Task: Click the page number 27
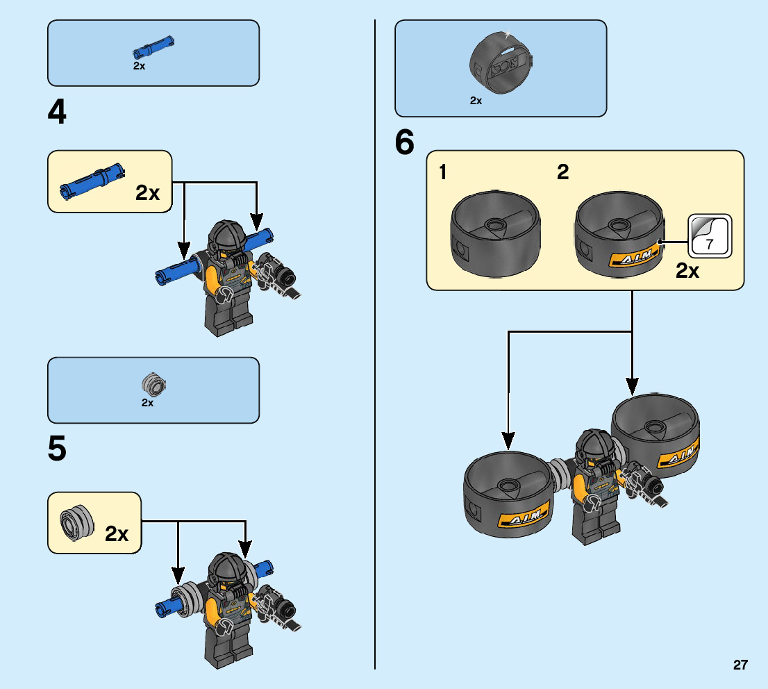[x=740, y=665]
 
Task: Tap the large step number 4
[x=57, y=113]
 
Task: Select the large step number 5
[x=57, y=449]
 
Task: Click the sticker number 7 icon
[x=710, y=236]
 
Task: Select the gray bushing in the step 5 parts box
[x=154, y=383]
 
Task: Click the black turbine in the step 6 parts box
[x=501, y=66]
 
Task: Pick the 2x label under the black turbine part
[x=476, y=101]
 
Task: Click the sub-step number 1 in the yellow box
[x=443, y=173]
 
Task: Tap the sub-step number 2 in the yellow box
[x=562, y=173]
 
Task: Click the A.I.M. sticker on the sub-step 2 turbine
[x=632, y=258]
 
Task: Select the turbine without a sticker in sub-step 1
[x=495, y=236]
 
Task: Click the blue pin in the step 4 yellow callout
[x=92, y=179]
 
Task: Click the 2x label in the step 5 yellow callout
[x=117, y=534]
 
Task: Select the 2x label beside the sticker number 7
[x=687, y=272]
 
